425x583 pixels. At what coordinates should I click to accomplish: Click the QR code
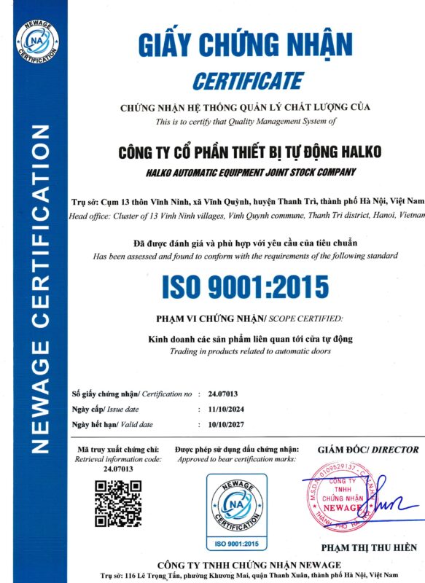click(x=118, y=504)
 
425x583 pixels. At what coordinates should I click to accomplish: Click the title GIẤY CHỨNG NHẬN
click(x=246, y=44)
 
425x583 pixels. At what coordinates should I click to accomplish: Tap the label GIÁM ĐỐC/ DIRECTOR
click(x=369, y=450)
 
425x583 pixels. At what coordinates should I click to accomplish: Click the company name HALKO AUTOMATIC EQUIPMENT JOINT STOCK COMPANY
click(x=247, y=172)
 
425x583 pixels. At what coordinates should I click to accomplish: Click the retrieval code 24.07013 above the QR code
click(x=118, y=470)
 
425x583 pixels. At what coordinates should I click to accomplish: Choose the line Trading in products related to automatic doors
click(x=246, y=351)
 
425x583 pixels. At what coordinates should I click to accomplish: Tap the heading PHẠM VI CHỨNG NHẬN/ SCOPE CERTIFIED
click(x=245, y=319)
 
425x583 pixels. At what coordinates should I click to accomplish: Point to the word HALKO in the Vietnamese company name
click(x=349, y=153)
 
